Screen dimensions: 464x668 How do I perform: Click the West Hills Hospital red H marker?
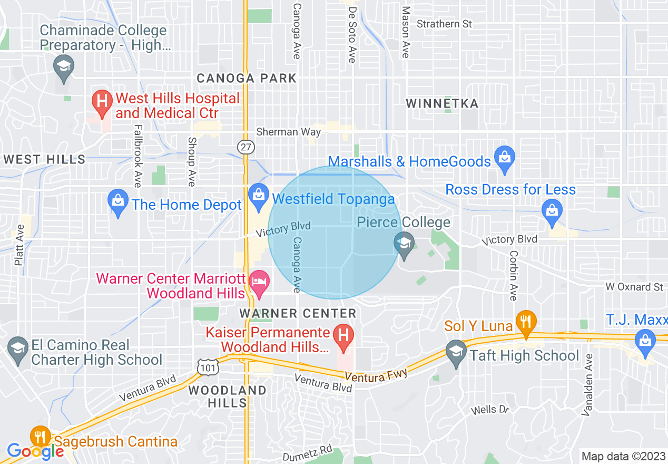pos(101,100)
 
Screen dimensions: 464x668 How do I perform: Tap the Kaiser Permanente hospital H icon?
pos(343,334)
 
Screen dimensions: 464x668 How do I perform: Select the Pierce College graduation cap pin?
pos(404,244)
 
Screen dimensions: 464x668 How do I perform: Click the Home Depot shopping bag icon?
pos(118,200)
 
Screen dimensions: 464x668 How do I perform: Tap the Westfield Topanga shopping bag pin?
pos(259,195)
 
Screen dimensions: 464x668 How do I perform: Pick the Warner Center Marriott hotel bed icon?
pos(259,280)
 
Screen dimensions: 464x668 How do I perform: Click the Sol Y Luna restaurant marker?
pos(526,321)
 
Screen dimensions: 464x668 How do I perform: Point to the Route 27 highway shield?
pos(246,147)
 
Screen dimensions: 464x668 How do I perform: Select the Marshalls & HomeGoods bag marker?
pos(505,157)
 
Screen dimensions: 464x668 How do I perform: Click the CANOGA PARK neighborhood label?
pos(247,79)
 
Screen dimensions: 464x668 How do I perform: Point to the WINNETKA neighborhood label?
pos(442,103)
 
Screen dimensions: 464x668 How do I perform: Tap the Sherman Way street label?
pos(288,132)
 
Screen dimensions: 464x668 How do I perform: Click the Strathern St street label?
pos(444,24)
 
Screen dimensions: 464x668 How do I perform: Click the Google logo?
pos(36,451)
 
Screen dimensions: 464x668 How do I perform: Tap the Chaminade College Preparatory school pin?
pos(64,67)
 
